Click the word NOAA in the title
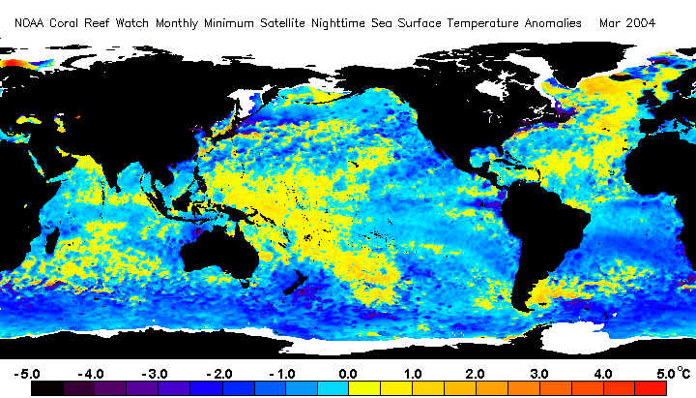click(29, 23)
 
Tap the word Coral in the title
click(64, 23)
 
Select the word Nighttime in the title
click(338, 23)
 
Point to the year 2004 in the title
click(640, 23)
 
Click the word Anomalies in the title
click(553, 23)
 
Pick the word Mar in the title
click(609, 23)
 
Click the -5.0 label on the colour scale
click(27, 374)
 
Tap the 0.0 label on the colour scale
click(348, 374)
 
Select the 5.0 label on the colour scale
click(666, 374)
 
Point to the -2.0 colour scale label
click(219, 374)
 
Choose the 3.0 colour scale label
click(538, 374)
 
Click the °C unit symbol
click(683, 372)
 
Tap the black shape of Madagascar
click(51, 240)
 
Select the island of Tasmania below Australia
click(245, 283)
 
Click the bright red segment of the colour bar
click(651, 388)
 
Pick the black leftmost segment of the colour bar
click(47, 388)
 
